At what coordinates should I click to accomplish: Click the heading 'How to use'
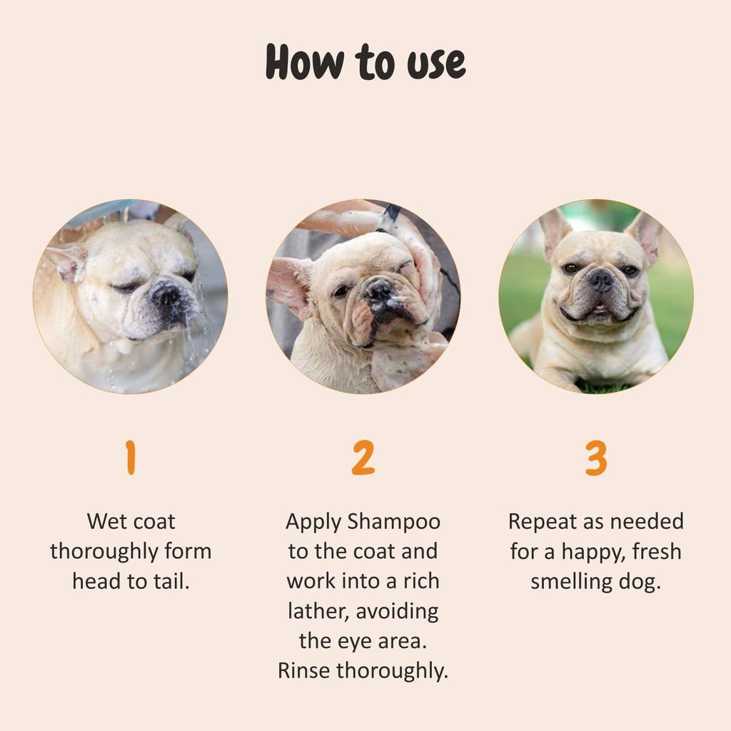click(365, 63)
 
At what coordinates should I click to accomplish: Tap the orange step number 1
click(130, 458)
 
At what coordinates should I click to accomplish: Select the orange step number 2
click(363, 458)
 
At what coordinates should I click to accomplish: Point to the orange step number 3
click(596, 458)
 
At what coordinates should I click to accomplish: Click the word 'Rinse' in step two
click(305, 670)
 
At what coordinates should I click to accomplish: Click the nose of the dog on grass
click(601, 278)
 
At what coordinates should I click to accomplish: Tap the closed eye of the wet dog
click(128, 287)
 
